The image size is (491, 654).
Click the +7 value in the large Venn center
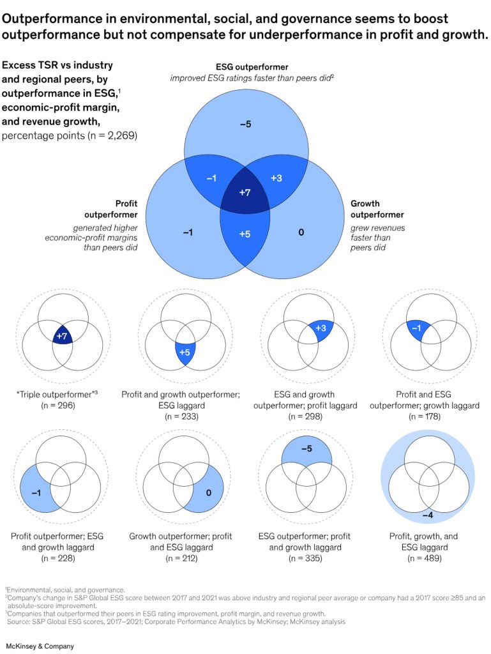[244, 192]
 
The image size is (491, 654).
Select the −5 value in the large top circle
[245, 124]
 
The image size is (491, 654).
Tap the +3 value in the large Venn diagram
[276, 178]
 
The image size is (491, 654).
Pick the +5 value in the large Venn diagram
[244, 233]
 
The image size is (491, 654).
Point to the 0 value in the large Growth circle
[301, 232]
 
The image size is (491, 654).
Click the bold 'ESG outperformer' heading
[250, 66]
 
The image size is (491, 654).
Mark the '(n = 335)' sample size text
[305, 558]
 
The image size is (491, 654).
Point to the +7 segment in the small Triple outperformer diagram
[62, 335]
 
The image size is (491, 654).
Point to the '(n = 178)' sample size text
[427, 416]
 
